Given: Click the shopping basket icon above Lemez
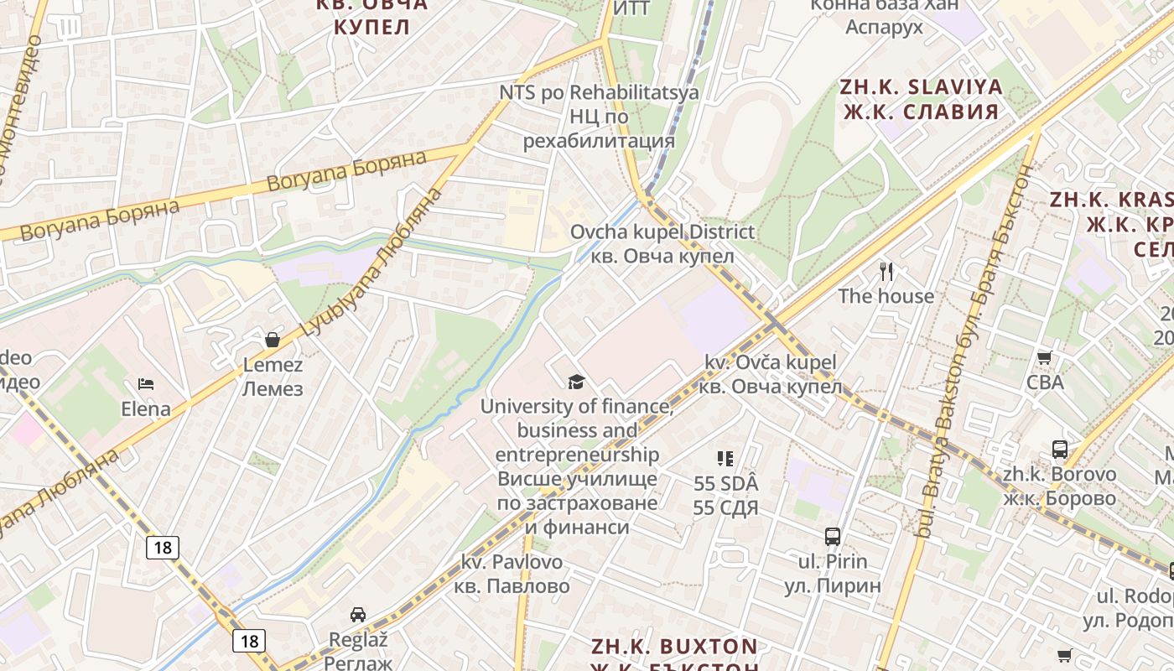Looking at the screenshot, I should click(x=273, y=340).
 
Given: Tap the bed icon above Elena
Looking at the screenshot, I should click(x=146, y=384).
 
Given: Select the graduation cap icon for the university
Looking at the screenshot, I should click(x=576, y=382).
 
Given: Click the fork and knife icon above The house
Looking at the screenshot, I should click(x=886, y=271).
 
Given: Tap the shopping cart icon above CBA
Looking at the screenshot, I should click(x=1045, y=358).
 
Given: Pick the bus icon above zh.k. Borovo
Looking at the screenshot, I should click(x=1060, y=450).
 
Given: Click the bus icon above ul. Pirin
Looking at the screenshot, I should click(x=832, y=537).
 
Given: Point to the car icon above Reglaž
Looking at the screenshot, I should click(x=357, y=614).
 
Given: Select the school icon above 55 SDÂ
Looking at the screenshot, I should click(x=725, y=459).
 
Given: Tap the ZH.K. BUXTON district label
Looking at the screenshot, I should click(x=674, y=647).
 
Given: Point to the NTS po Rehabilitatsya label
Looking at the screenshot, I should click(x=599, y=92).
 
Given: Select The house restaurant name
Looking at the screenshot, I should click(x=886, y=296).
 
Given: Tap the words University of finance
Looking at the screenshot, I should click(x=577, y=407).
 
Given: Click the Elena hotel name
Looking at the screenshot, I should click(x=146, y=409).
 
